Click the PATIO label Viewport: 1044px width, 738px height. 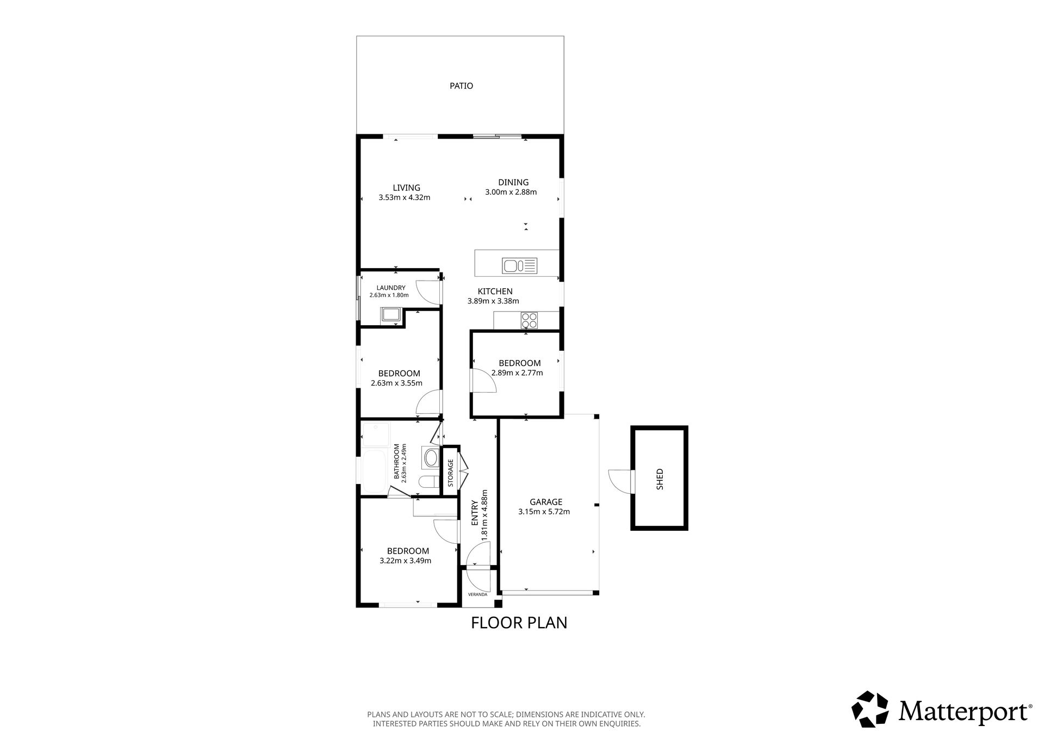[461, 86]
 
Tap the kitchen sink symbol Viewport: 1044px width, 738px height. [520, 265]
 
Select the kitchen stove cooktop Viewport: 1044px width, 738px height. [529, 320]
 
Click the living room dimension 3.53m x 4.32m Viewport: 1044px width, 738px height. [405, 197]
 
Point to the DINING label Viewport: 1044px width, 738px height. [513, 182]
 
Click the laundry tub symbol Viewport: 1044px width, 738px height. [390, 315]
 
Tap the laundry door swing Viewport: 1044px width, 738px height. [428, 292]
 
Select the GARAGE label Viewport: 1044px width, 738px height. [546, 502]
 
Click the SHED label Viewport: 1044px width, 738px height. [660, 479]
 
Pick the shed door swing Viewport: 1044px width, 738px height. [620, 481]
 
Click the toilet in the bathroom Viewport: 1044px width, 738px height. [428, 482]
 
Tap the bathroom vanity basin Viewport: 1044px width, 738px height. [431, 458]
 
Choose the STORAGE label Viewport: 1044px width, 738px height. [450, 473]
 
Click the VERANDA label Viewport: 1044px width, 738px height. [477, 594]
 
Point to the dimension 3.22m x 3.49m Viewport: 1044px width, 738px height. [406, 561]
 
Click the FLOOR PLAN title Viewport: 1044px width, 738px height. [519, 622]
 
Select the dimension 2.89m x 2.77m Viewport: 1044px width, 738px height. [517, 373]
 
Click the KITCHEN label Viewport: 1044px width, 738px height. [495, 292]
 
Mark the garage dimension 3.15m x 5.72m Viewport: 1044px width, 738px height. [544, 511]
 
